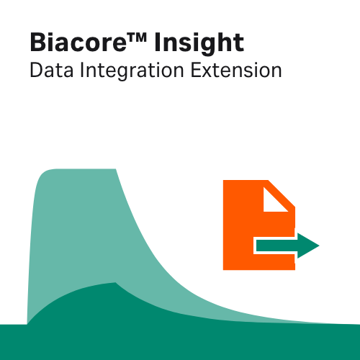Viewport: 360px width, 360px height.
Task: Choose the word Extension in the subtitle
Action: pos(237,71)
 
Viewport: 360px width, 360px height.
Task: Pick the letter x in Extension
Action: pos(214,73)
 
